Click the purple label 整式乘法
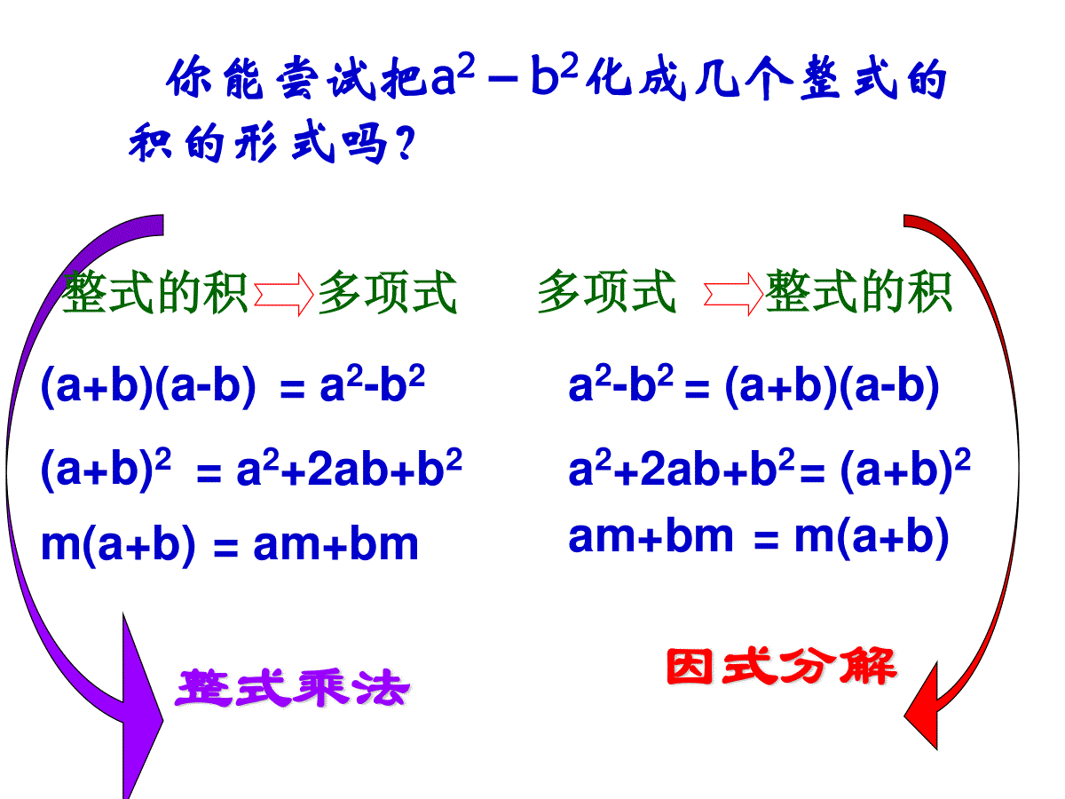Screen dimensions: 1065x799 pyautogui.click(x=293, y=688)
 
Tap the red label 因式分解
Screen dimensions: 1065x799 pyautogui.click(x=782, y=667)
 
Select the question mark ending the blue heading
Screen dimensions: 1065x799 pyautogui.click(x=405, y=143)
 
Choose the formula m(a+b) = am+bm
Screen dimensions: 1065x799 pyautogui.click(x=230, y=544)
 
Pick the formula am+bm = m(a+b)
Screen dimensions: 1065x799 pyautogui.click(x=758, y=537)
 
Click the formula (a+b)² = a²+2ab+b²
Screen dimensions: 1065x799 pyautogui.click(x=251, y=469)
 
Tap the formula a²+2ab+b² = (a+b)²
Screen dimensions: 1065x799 pyautogui.click(x=769, y=469)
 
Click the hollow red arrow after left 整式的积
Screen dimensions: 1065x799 pyautogui.click(x=284, y=295)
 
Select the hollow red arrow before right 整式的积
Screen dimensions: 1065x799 pyautogui.click(x=734, y=294)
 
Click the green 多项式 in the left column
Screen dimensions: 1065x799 pyautogui.click(x=387, y=293)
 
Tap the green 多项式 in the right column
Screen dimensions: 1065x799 pyautogui.click(x=606, y=291)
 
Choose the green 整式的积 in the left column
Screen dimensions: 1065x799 pyautogui.click(x=155, y=293)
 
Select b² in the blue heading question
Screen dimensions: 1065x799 pyautogui.click(x=554, y=73)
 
